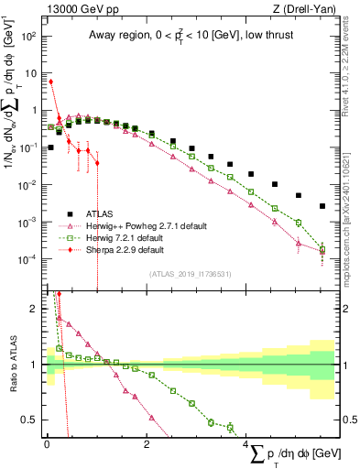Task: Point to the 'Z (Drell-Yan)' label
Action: [x=307, y=8]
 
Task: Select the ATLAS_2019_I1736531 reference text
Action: [x=191, y=274]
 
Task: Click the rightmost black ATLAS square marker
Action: [x=322, y=206]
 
